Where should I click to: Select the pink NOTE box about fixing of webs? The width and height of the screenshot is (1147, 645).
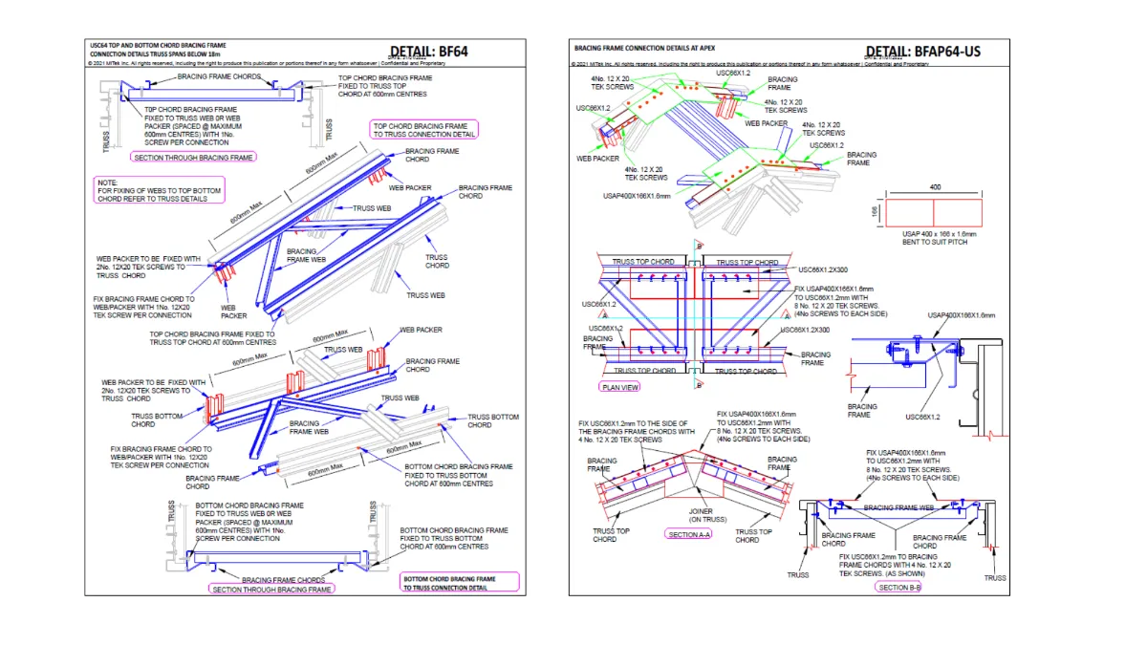coord(159,190)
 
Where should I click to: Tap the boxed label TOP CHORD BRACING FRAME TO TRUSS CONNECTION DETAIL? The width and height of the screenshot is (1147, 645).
coord(424,130)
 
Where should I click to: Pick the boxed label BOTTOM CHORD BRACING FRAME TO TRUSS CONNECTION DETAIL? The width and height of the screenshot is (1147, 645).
coord(459,583)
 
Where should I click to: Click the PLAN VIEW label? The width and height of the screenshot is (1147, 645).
coord(620,387)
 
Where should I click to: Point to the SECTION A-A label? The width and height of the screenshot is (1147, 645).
coord(689,535)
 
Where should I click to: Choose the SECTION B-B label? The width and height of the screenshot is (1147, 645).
coord(898,587)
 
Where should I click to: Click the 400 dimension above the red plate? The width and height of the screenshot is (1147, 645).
coord(934,188)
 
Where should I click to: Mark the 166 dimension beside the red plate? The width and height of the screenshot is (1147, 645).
coord(875,211)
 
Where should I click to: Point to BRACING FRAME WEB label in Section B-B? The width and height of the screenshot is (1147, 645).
coord(898,507)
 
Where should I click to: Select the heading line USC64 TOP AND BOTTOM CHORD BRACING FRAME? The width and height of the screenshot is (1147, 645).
coord(158,45)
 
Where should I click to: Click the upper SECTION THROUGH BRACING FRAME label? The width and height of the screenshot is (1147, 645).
coord(194,157)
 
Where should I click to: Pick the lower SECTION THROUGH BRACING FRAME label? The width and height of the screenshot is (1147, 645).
coord(272,590)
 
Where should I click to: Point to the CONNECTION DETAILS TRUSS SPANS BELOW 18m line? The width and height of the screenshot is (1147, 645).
coord(159,54)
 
